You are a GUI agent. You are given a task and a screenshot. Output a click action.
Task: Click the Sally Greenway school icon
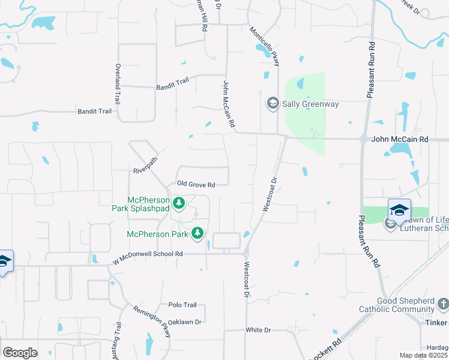point(273,104)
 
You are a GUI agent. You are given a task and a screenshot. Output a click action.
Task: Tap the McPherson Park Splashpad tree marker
point(179,205)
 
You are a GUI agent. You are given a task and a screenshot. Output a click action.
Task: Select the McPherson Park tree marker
point(197,234)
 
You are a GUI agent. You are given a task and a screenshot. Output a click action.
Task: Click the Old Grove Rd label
point(195,184)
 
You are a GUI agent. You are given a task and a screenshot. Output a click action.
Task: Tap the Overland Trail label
point(118,84)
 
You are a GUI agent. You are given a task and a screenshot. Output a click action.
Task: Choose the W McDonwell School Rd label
point(148,254)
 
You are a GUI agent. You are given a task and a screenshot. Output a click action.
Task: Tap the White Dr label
point(259,330)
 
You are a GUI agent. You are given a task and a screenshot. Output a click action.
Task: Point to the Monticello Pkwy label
point(265,49)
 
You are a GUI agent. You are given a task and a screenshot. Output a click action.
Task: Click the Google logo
point(20,353)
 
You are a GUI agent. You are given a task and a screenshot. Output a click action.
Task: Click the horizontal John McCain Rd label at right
point(400,139)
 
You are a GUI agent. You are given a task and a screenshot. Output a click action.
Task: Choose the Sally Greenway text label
point(310,104)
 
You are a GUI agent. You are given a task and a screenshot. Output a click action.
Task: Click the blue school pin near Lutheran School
point(399,210)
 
